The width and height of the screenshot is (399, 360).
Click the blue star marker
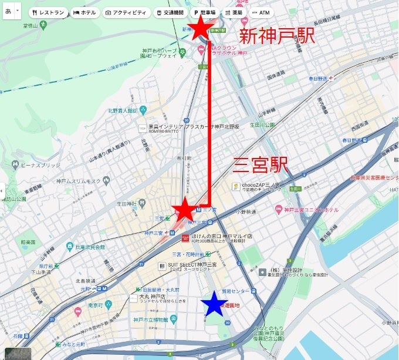point(214,304)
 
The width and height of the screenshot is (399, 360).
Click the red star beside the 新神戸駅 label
point(199,28)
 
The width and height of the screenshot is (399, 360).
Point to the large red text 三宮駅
point(261,165)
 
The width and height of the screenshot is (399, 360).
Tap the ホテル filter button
point(84,12)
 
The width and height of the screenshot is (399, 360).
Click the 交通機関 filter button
point(170,12)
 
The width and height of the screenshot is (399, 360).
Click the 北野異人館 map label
point(122,110)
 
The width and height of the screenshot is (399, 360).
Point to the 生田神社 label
point(126,204)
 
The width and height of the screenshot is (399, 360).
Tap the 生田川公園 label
point(262,125)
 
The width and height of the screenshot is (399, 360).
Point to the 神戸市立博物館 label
point(151,319)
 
